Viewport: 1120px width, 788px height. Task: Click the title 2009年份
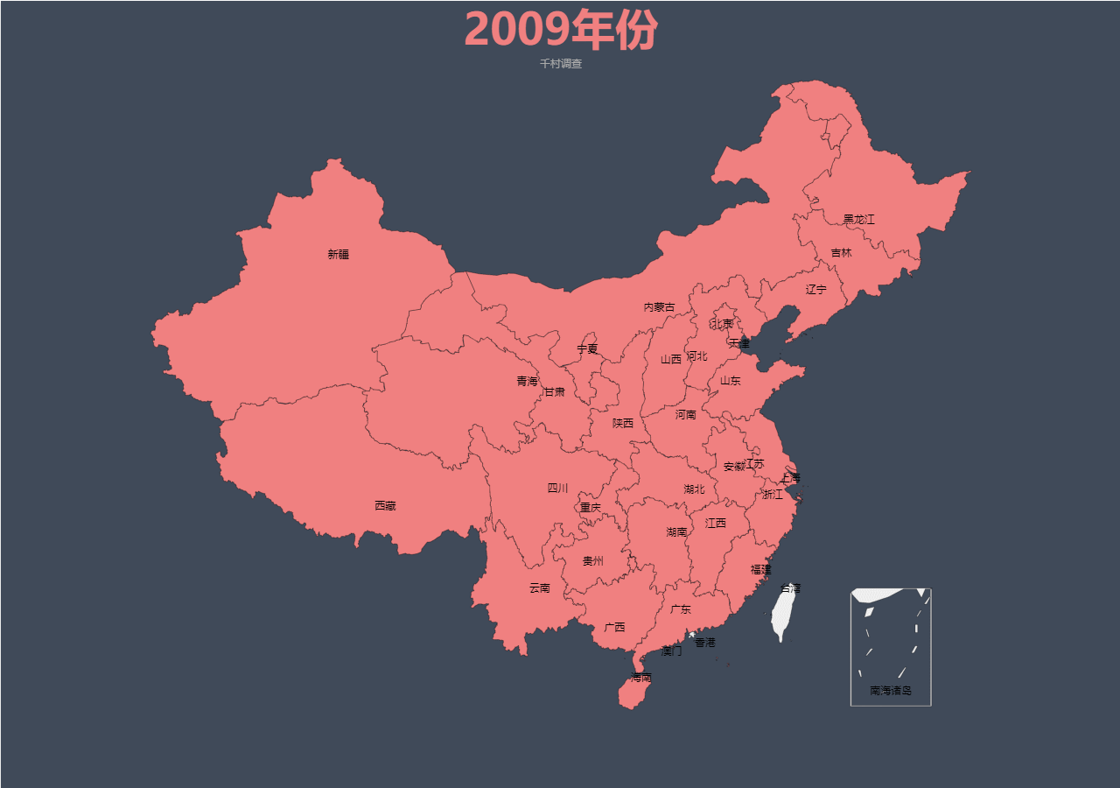pos(560,31)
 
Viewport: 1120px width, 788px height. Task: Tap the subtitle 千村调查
pos(561,64)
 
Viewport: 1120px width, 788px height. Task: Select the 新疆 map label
pos(339,255)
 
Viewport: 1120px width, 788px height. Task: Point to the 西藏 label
pos(385,506)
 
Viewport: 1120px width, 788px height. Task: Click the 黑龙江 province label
pos(858,220)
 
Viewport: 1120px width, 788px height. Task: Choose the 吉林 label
pos(841,253)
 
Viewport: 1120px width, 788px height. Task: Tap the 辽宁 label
pos(815,290)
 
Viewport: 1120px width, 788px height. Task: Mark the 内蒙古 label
pos(659,307)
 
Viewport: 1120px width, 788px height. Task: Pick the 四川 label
pos(557,489)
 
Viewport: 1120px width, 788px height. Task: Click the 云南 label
pos(540,588)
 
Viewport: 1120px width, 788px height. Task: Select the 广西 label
pos(614,628)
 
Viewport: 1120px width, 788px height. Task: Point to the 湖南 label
pos(676,532)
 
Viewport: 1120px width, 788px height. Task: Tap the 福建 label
pos(760,570)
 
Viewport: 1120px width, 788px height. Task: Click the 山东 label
pos(730,381)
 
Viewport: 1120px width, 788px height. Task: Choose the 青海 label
pos(527,382)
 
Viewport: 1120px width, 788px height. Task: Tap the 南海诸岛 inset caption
pos(891,691)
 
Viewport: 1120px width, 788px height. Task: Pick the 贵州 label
pos(593,561)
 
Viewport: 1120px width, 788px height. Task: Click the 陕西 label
pos(622,424)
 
